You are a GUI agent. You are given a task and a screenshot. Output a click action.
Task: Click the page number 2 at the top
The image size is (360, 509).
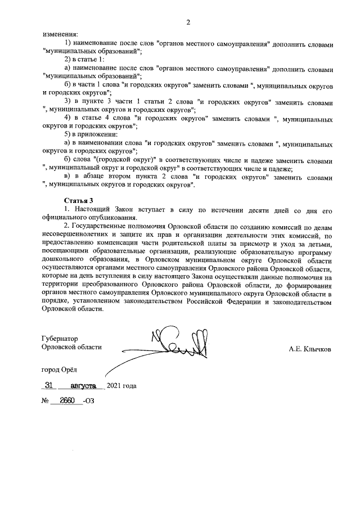[188, 22]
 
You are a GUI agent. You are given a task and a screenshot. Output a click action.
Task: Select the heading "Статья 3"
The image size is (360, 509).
[78, 200]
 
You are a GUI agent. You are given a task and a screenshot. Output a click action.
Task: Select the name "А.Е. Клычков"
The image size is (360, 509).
[310, 349]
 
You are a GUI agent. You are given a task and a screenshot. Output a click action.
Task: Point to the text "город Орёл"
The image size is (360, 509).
[61, 370]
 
